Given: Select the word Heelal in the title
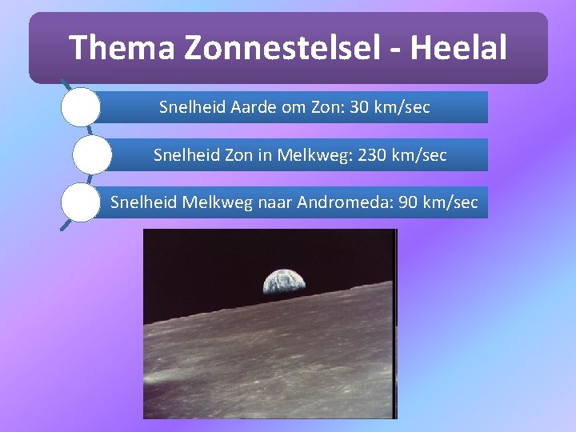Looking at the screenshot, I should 467,48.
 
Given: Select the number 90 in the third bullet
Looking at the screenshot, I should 407,202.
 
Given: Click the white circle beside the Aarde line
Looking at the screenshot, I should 81,107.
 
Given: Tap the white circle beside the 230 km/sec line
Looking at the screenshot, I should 92,154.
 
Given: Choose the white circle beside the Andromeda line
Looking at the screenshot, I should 81,202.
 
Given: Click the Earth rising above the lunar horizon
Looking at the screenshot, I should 284,280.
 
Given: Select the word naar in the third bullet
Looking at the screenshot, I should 274,202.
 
